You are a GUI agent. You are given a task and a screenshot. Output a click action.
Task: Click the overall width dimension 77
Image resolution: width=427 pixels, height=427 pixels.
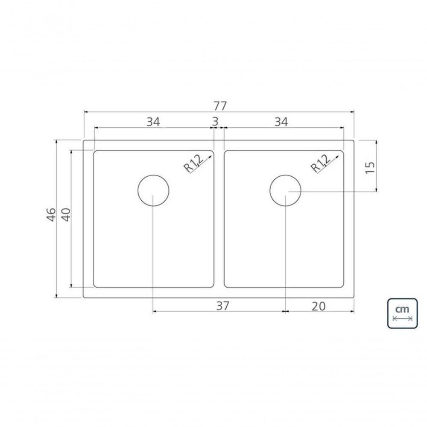pos(219,105)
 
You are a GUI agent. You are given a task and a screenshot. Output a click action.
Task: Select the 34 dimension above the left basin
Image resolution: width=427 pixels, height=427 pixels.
pos(153,122)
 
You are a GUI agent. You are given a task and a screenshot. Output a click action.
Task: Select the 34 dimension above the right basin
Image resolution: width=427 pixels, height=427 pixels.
pos(281,122)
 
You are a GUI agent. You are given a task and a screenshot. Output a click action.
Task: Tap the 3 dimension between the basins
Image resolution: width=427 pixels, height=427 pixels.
pos(215,122)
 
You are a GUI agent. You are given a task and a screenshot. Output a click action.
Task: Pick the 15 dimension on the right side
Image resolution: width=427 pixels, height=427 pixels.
pos(370,166)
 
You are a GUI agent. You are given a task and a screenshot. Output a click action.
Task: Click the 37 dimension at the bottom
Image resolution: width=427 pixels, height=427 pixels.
pos(223,306)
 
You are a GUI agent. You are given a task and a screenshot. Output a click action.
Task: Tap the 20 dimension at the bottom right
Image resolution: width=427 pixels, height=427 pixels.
pos(319,306)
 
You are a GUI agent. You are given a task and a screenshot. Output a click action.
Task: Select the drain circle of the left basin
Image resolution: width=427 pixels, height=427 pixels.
pos(153,190)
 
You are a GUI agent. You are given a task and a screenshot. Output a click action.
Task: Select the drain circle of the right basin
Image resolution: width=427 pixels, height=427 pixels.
pos(285,190)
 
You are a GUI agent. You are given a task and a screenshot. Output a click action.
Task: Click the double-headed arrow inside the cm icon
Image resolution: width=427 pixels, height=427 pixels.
pos(403,319)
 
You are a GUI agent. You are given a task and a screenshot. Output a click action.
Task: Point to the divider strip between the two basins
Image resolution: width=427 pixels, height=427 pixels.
pos(219,218)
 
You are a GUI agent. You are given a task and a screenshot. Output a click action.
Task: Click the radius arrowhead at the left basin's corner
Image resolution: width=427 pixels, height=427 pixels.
pos(211,156)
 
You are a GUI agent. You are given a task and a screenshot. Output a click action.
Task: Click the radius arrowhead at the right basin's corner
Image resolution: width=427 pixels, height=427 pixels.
pos(340,156)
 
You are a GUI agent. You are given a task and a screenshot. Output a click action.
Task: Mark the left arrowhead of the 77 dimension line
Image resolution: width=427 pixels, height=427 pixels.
pos(85,112)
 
